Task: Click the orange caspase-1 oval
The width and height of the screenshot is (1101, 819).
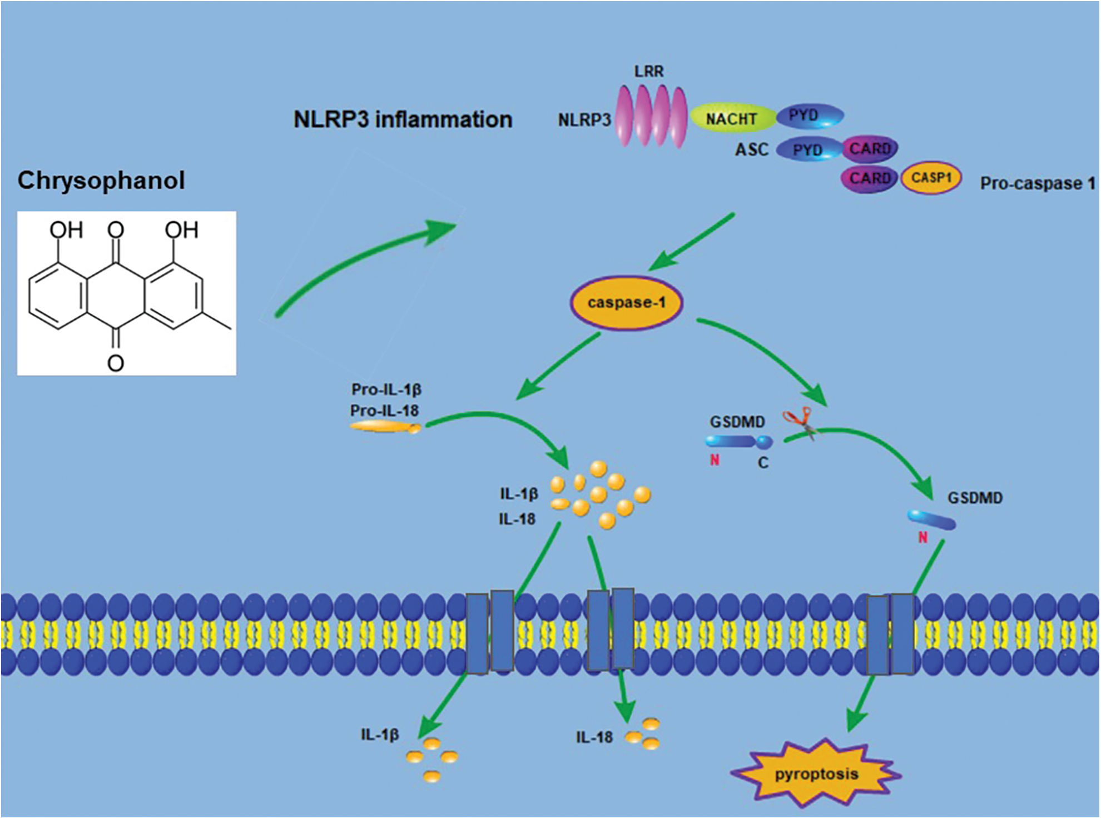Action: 627,303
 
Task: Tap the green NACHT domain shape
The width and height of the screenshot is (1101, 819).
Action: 732,118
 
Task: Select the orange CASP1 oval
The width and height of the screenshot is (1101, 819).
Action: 931,178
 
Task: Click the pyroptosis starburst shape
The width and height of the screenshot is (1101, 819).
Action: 816,773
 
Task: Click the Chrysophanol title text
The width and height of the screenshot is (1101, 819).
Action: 101,181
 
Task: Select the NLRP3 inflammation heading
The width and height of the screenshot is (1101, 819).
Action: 403,119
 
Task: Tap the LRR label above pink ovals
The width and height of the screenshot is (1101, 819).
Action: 649,72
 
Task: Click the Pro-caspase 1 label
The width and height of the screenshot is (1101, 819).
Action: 1038,183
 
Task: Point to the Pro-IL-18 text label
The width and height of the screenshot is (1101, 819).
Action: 384,411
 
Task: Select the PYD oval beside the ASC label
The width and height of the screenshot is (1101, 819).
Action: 807,150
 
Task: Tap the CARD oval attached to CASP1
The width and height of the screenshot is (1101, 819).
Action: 869,178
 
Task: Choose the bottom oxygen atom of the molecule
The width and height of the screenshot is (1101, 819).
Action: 116,363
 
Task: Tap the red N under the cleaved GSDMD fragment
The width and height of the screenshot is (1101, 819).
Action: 923,537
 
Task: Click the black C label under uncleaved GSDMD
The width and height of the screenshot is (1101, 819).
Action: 763,462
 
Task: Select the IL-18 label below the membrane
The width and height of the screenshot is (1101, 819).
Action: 594,737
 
